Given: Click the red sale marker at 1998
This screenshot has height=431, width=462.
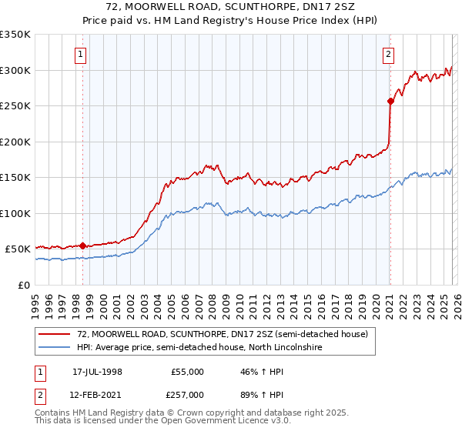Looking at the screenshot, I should [82, 246].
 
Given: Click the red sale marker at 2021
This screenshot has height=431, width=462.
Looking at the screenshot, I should [390, 100].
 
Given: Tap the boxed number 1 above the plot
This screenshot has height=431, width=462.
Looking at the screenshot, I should [82, 54].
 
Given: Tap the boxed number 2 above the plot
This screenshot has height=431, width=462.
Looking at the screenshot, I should [389, 54].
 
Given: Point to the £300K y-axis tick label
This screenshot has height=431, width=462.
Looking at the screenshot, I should [15, 70].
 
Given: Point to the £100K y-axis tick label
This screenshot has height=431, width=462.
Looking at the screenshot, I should [15, 213].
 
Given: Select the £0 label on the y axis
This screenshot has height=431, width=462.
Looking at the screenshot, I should [25, 285].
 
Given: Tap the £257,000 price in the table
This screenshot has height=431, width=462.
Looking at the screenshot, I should [188, 395].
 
